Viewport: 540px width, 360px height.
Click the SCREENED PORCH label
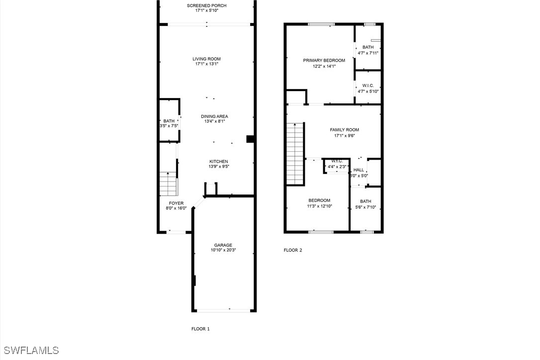(207, 5)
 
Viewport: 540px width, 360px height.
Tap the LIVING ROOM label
(207, 59)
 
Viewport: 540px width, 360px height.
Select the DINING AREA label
(214, 116)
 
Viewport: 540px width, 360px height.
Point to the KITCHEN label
(219, 162)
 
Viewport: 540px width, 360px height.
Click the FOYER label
(177, 203)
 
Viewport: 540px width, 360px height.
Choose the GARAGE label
(223, 245)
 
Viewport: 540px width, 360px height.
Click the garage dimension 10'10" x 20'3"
(223, 251)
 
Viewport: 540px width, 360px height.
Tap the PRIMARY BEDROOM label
(324, 60)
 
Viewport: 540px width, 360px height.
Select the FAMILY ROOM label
(345, 130)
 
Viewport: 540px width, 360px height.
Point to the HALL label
(359, 170)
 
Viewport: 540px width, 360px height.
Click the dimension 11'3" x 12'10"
(320, 206)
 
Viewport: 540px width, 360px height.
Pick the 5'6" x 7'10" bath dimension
(366, 207)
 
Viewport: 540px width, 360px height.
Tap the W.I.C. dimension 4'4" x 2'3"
(337, 167)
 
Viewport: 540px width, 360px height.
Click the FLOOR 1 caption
(200, 329)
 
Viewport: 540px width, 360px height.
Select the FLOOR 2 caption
(293, 250)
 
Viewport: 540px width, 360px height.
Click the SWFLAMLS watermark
(30, 351)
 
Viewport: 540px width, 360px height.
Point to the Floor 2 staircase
(295, 154)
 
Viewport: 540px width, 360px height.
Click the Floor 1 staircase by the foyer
(169, 184)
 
